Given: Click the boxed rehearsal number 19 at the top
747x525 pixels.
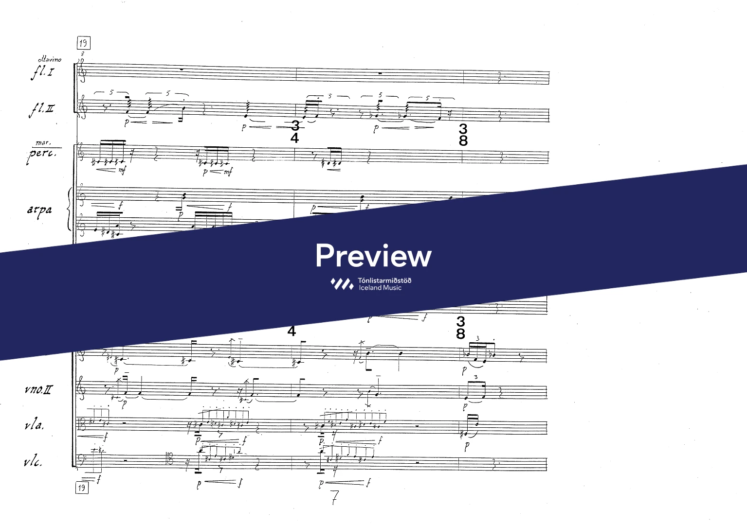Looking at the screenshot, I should (x=83, y=43).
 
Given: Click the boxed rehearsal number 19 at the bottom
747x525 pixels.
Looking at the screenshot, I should (x=82, y=488).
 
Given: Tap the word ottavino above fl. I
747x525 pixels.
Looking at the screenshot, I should (x=50, y=59).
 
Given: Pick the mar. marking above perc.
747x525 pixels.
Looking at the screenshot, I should (x=43, y=143).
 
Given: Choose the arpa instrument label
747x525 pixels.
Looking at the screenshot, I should (x=40, y=210).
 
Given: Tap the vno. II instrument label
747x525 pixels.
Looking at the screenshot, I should (x=38, y=390).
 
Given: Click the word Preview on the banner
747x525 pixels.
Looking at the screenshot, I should (x=373, y=256).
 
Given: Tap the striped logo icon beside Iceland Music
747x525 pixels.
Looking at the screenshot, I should (x=342, y=284).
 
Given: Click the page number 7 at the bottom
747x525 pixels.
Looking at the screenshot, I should (x=334, y=498).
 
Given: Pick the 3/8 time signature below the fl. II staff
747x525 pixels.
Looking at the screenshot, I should (x=463, y=135).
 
